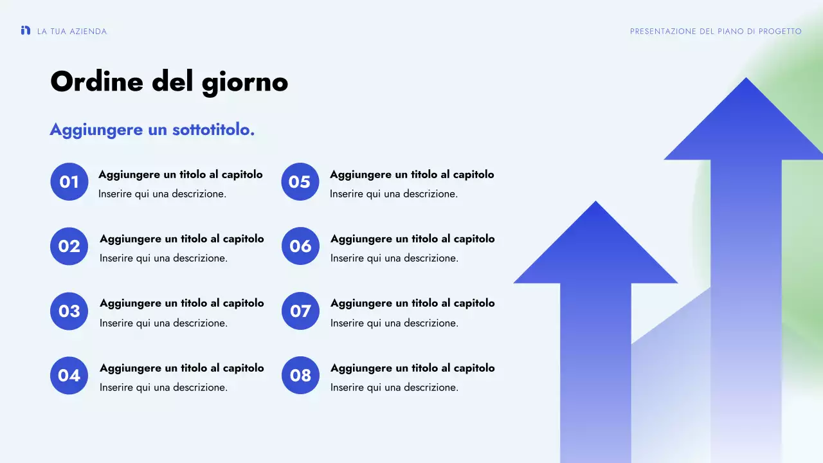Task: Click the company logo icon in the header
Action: (26, 30)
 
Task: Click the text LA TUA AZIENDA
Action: (72, 32)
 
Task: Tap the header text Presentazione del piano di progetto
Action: (716, 32)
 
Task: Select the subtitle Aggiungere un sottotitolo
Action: (152, 130)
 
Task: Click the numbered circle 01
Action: (69, 182)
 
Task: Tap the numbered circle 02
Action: (69, 246)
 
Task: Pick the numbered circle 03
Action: (69, 311)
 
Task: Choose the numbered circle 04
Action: (69, 376)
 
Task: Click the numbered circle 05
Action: (300, 182)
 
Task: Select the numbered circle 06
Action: (300, 246)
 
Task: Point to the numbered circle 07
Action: (300, 311)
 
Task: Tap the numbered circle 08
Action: (300, 376)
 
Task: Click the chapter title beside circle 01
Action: (181, 174)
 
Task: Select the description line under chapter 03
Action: (163, 323)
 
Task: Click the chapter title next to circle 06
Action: (412, 239)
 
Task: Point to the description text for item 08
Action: (394, 387)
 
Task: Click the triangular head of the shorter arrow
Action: (595, 251)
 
